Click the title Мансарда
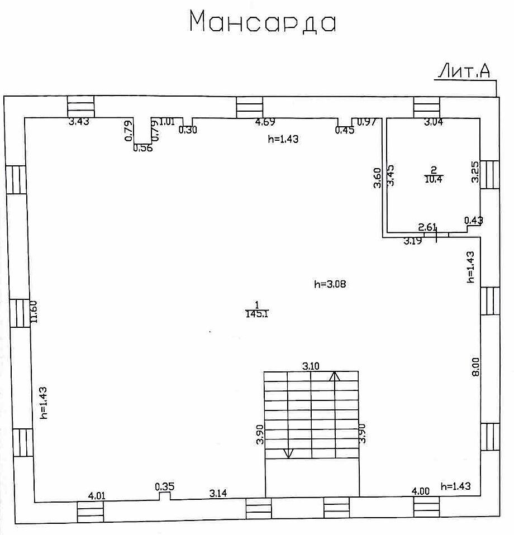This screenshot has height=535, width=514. coord(263,21)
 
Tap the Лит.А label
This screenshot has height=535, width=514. coord(464,71)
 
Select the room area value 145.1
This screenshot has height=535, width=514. coord(257,314)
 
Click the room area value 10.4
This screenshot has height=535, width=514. coord(434,179)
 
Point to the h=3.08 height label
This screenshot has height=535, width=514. coord(330,284)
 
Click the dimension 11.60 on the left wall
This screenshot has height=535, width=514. coord(34,312)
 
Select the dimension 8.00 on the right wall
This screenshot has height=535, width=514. coord(475,367)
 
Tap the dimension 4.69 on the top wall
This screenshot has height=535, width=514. coord(265,122)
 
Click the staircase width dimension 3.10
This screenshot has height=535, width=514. coord(311,366)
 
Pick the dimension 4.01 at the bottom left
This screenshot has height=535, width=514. coord(97,496)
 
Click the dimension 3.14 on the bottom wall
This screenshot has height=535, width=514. coord(218,493)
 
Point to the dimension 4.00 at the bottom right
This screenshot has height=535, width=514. coord(421,491)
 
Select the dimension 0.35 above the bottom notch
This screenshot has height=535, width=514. coord(165,486)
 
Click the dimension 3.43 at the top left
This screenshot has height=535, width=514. coord(79,122)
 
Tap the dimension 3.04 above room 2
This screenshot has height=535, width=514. coord(434,122)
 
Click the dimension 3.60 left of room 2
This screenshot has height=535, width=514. coord(377,178)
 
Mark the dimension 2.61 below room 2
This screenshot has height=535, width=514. coord(427,227)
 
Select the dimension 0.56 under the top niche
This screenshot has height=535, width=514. coord(143,148)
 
